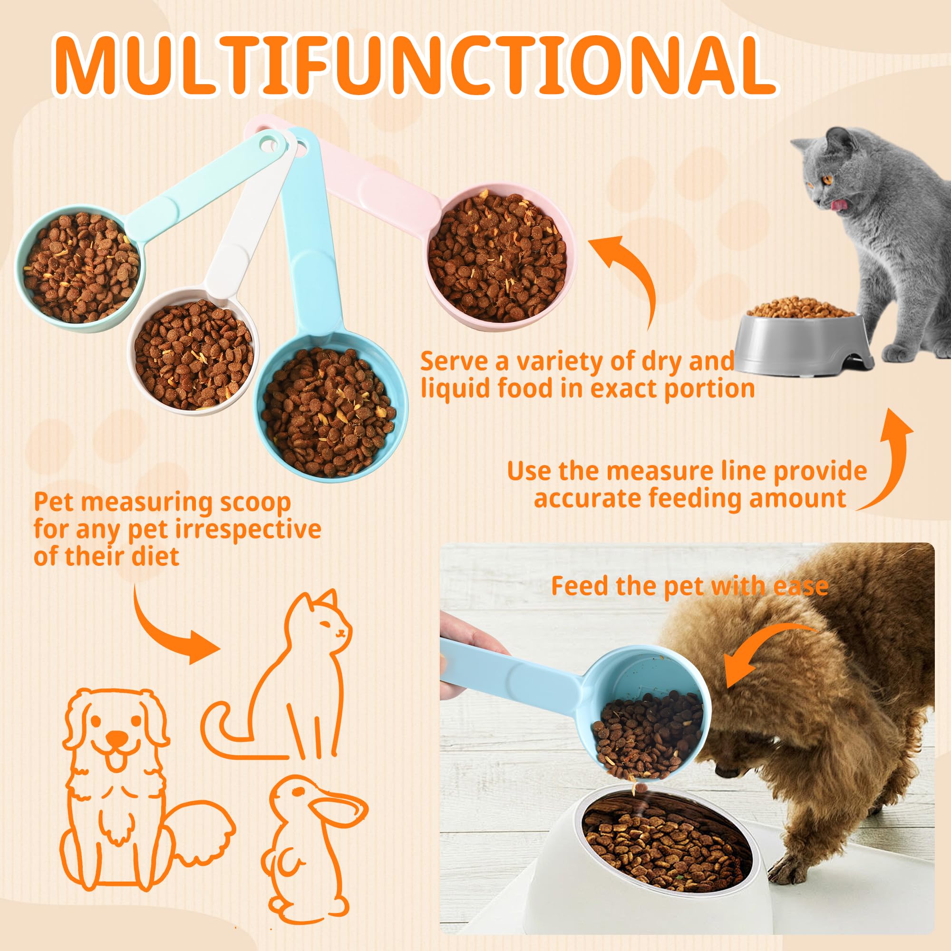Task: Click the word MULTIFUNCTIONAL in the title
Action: pos(414,64)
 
